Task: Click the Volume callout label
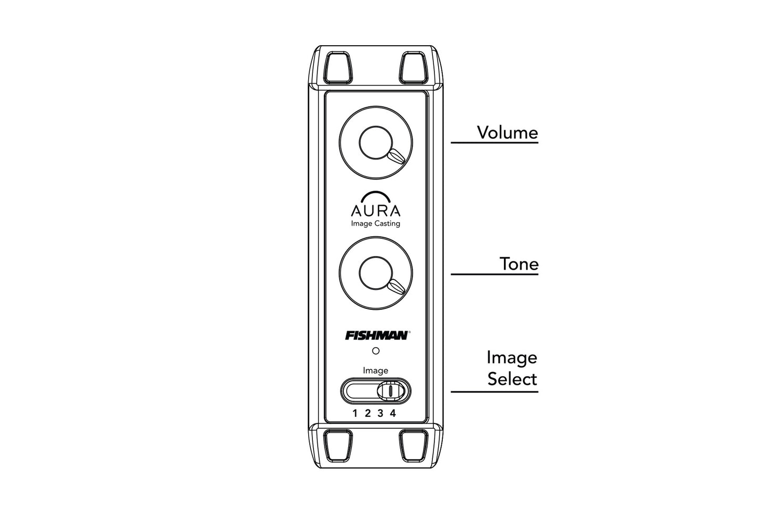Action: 507,133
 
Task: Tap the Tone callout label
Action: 519,264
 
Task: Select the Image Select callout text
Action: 512,368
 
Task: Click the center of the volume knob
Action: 376,142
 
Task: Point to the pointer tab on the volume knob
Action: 397,157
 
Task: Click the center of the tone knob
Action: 376,273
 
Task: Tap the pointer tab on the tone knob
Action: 397,287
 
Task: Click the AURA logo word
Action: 376,211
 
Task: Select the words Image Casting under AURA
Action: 376,224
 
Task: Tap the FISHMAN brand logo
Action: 377,336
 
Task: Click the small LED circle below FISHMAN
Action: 376,351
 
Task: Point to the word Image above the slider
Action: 375,371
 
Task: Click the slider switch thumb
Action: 391,391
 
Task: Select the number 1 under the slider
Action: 355,413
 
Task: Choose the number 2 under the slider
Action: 368,413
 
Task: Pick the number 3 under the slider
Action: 380,413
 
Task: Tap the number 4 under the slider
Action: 393,413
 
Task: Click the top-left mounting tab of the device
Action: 338,67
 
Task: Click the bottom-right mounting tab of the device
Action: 413,446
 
